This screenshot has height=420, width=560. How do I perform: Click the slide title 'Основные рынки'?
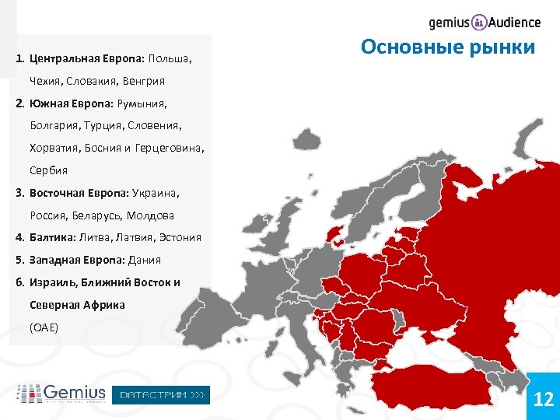pos(448,47)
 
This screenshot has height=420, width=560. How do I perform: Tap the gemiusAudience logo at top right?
pos(484,22)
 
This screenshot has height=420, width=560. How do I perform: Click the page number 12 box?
pos(543,399)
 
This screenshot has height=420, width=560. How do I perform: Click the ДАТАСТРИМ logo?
pos(162,394)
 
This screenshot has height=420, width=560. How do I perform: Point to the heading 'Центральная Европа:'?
pos(86,58)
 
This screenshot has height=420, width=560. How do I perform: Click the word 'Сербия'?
pos(49,170)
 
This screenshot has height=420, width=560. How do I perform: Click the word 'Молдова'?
pos(150,215)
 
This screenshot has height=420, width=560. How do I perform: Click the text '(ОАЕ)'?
pos(44,327)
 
